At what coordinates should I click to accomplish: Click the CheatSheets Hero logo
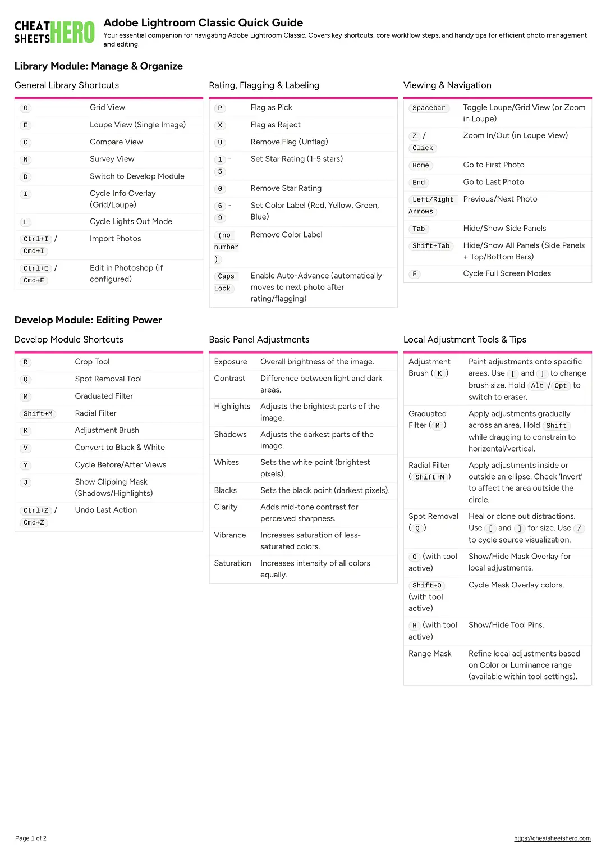coord(54,33)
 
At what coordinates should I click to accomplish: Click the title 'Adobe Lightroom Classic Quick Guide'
coord(203,23)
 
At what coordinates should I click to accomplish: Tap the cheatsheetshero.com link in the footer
coord(552,838)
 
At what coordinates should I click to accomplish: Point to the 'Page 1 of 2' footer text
coord(31,838)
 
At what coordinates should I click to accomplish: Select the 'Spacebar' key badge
coord(429,108)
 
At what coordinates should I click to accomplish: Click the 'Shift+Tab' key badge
coord(431,246)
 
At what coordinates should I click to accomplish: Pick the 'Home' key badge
coord(420,165)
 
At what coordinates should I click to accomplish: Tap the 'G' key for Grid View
coord(26,108)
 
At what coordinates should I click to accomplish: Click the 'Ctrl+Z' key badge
coord(36,510)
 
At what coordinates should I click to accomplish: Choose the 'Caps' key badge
coord(226,276)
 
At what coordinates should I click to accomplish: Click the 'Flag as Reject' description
coord(276,125)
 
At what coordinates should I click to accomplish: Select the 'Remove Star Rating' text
coord(286,188)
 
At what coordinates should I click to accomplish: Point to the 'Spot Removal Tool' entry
coord(108,379)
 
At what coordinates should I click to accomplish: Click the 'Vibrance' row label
coord(230,535)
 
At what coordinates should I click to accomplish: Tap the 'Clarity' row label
coord(226,507)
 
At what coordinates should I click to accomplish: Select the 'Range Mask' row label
coord(430,654)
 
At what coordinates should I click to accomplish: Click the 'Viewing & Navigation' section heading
coord(447,85)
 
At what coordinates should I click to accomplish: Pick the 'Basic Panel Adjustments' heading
coord(259,340)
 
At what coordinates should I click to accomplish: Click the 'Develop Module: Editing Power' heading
coord(88,320)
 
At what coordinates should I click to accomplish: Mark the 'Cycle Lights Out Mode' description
coord(131,222)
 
